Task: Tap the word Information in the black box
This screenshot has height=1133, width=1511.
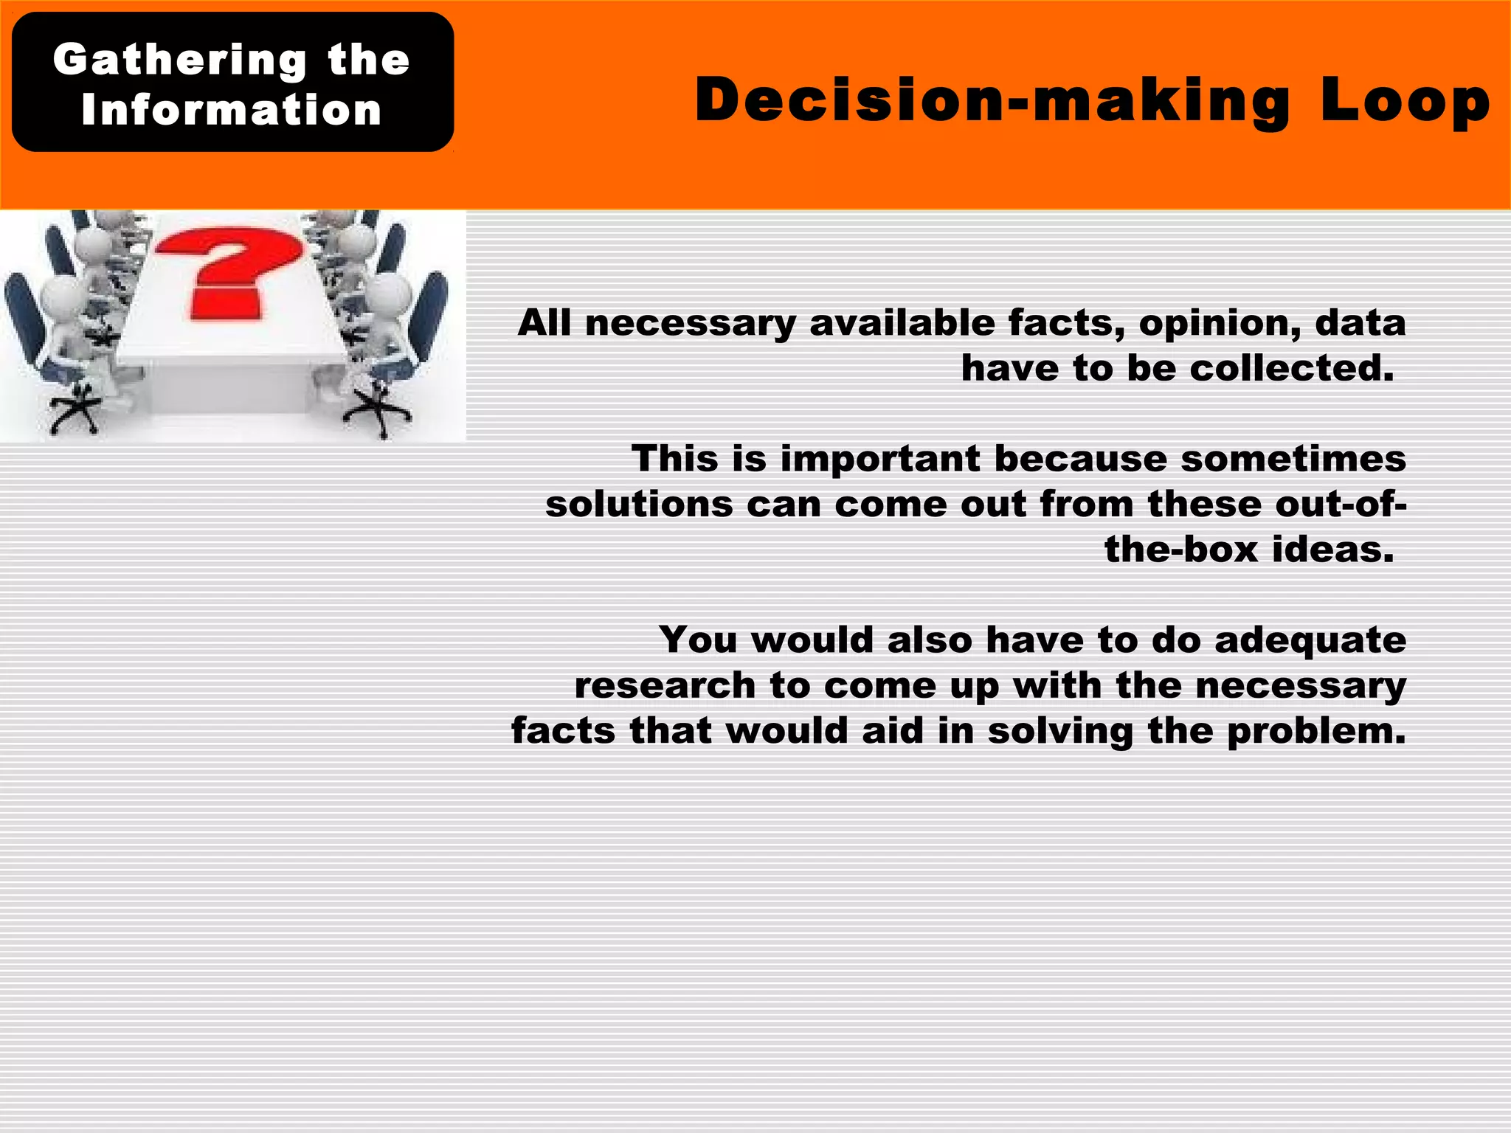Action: click(x=232, y=111)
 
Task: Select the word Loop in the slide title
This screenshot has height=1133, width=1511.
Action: click(x=1405, y=100)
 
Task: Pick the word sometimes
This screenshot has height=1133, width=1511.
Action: click(x=1293, y=459)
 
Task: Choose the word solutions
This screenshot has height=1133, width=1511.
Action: click(x=639, y=505)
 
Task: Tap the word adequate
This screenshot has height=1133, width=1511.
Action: click(x=1310, y=640)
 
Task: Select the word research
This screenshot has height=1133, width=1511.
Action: click(x=665, y=686)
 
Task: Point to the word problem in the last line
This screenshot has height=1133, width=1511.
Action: click(x=1316, y=731)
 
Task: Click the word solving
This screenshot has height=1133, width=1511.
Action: click(x=1059, y=731)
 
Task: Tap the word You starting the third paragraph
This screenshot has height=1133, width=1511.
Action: click(x=698, y=640)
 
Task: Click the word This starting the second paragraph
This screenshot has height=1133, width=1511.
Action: click(x=675, y=459)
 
